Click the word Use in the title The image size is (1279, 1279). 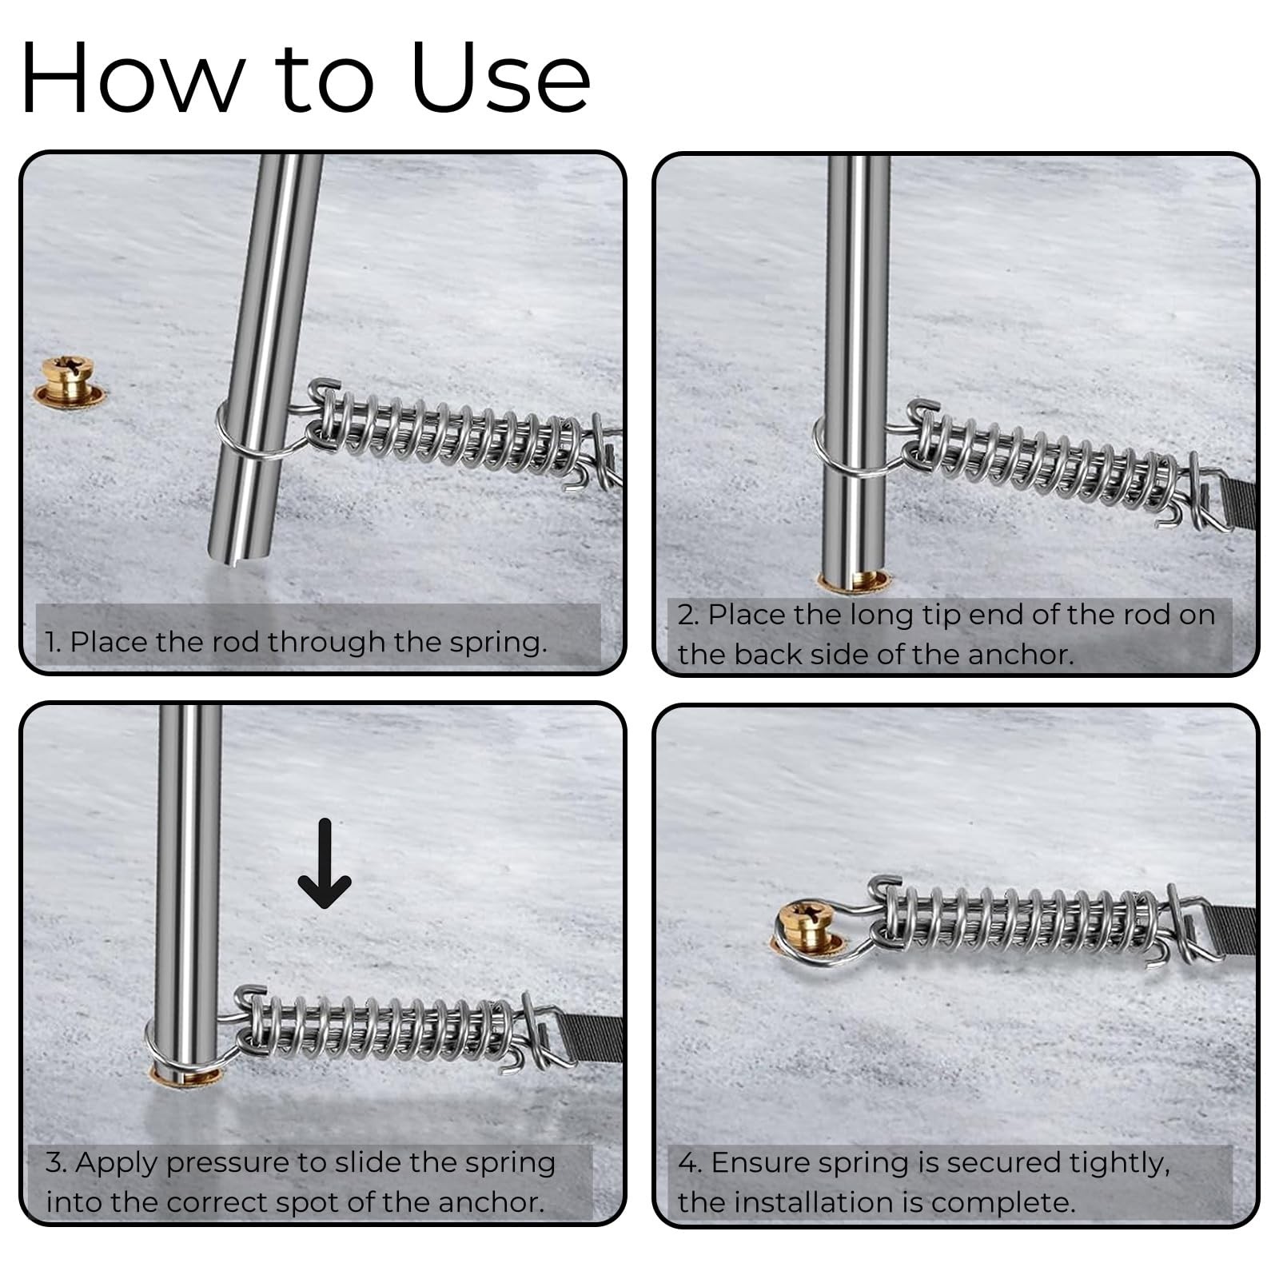pyautogui.click(x=501, y=78)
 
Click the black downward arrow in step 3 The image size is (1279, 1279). pyautogui.click(x=324, y=863)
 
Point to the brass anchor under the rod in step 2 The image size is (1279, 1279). pyautogui.click(x=854, y=580)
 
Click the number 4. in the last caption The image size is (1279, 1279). pyautogui.click(x=690, y=1162)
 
